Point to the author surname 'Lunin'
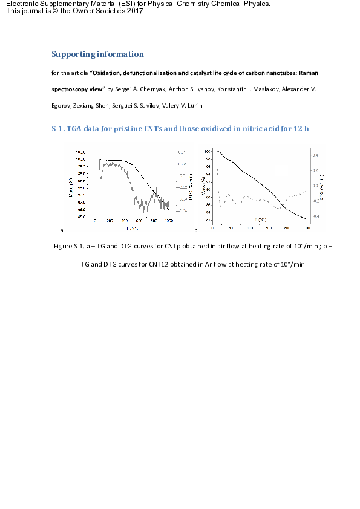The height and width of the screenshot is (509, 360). coord(192,106)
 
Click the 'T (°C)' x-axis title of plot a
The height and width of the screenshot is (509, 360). coord(132,229)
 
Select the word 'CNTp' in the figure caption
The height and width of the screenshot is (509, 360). coord(180,247)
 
